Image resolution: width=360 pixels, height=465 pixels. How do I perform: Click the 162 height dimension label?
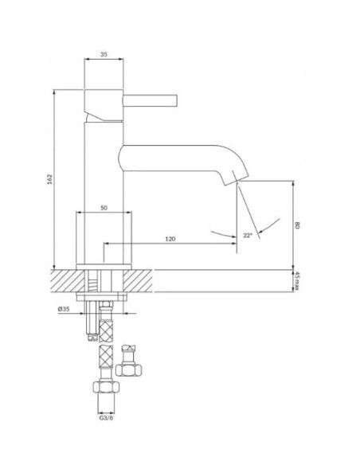[50, 179]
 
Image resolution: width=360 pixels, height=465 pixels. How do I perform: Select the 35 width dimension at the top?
[104, 54]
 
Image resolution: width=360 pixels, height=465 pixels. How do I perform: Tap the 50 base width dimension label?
[104, 208]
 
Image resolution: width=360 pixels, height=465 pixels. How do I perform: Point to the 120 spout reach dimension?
[170, 239]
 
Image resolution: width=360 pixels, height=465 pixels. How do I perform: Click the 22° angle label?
[248, 235]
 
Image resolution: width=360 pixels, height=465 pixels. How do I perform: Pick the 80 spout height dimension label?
[297, 225]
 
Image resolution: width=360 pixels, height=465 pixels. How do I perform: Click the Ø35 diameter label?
[64, 309]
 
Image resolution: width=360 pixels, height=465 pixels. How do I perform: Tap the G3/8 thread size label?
[106, 418]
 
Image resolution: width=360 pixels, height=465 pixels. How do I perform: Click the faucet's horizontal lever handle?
[150, 100]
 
